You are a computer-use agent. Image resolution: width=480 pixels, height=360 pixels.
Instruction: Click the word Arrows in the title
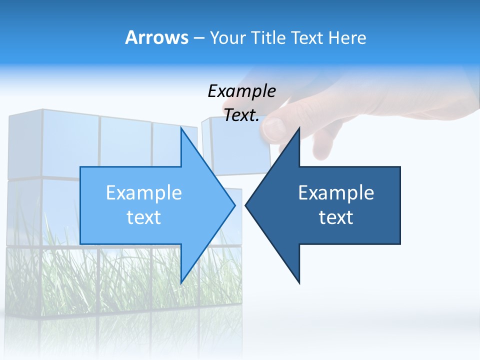[157, 37]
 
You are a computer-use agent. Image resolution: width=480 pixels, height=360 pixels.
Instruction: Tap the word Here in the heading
[347, 38]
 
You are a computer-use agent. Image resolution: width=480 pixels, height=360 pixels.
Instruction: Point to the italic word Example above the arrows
[241, 91]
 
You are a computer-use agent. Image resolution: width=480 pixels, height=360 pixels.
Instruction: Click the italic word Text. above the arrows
[241, 115]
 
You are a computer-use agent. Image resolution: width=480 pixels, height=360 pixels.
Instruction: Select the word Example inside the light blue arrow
[144, 192]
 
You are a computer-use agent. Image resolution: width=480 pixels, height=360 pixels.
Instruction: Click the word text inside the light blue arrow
[144, 217]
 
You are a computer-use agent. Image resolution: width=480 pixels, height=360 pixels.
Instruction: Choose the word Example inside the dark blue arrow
[336, 192]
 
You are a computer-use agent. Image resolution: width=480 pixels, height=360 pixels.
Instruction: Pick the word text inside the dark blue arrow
[336, 217]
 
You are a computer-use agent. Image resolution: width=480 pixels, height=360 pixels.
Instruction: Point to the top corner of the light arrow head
[181, 127]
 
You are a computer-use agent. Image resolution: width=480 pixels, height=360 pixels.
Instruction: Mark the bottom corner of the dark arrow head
[299, 283]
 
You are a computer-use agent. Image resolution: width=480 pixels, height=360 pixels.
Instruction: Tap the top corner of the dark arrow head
[299, 127]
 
